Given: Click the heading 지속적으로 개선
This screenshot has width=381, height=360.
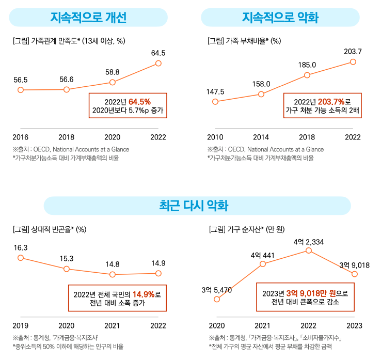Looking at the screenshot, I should coord(88,18).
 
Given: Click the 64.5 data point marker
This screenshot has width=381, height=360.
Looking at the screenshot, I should coord(158,64).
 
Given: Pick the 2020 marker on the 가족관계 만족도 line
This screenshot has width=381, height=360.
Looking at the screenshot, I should coord(113,83).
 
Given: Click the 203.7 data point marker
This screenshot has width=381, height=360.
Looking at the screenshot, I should coord(353,61).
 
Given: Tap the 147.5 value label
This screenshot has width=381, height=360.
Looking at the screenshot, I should coord(215,91).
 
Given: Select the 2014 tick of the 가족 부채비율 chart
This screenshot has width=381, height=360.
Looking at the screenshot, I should coord(261,137).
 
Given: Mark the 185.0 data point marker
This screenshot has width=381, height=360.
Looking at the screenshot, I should coord(307,75).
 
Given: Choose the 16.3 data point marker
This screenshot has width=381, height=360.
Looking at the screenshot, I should coord(21,258).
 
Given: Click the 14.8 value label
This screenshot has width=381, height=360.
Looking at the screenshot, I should coord(113,264).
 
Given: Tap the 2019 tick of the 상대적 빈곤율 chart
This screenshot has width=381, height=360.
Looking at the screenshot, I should coord(21,325).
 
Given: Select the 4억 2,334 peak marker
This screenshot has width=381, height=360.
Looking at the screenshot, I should coord(309,251).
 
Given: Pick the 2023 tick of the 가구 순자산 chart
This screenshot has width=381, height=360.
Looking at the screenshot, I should coord(354,325).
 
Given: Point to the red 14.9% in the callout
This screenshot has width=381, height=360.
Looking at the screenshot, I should coord(144,294).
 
